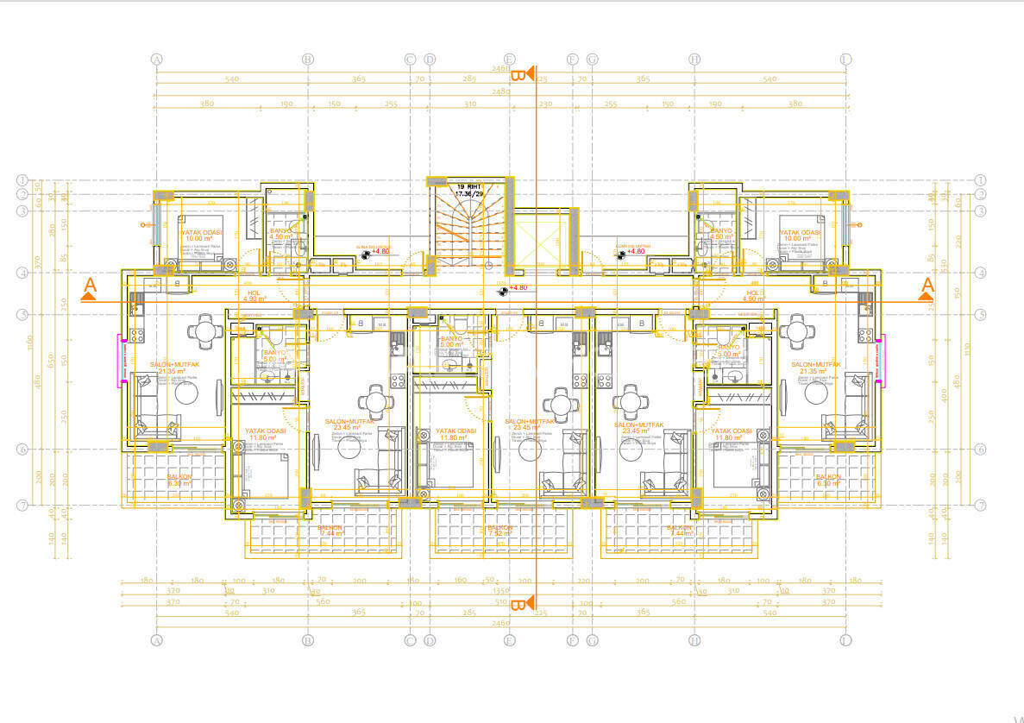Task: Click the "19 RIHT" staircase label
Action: point(469,185)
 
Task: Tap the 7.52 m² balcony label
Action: point(500,531)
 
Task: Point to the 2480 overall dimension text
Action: point(500,91)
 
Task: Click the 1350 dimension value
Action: point(500,592)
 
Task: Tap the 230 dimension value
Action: point(545,104)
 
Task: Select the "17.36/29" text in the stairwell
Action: point(469,194)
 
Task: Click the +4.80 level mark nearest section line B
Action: point(517,288)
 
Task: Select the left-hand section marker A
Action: point(89,288)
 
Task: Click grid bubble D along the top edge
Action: point(430,60)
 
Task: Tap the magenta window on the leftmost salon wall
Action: point(123,359)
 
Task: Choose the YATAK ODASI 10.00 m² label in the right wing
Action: point(801,236)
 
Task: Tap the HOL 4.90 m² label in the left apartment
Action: point(254,296)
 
